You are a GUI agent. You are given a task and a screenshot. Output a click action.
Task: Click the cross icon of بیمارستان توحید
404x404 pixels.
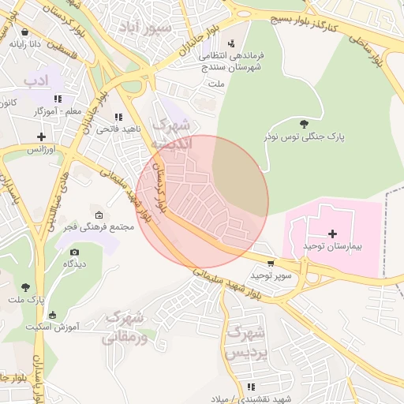point(332,234)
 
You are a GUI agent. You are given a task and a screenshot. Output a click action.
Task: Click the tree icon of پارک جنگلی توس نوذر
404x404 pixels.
point(304,123)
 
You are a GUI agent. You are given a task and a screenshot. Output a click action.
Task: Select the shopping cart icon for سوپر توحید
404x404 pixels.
point(271,264)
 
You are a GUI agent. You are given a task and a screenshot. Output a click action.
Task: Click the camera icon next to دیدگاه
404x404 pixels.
point(74,252)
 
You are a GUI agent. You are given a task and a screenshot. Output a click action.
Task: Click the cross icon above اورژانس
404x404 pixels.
point(41,137)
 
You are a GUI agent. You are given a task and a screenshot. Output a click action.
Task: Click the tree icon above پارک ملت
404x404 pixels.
point(25,287)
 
